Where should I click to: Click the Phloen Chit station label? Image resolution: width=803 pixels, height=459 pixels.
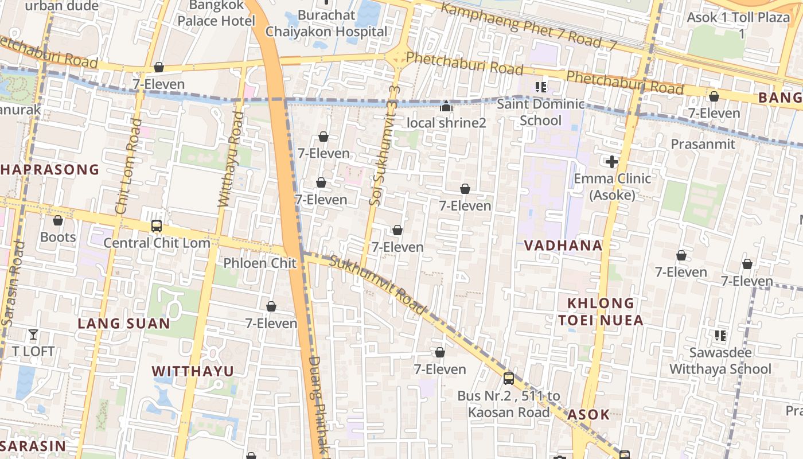(260, 263)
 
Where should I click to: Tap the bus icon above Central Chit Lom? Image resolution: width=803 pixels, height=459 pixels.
(157, 226)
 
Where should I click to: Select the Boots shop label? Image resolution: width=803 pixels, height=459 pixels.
(58, 237)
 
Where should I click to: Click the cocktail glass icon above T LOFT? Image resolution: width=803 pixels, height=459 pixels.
(33, 334)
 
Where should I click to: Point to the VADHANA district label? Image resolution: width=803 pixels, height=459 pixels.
(563, 246)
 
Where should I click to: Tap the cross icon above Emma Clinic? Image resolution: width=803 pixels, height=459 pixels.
(612, 162)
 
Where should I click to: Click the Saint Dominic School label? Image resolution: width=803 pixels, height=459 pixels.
(540, 112)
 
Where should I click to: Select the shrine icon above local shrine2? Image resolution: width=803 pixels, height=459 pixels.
(446, 106)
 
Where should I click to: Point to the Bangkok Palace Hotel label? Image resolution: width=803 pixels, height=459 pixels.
(216, 13)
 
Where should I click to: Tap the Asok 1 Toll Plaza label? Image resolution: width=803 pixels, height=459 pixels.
(738, 25)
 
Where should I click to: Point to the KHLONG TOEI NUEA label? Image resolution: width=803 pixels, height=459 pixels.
(601, 312)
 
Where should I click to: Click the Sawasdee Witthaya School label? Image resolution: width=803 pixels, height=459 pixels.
(720, 361)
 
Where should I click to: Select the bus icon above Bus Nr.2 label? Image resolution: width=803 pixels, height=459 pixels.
(509, 378)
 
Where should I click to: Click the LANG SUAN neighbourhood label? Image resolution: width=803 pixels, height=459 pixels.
(124, 324)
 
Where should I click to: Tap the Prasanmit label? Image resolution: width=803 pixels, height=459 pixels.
(703, 144)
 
